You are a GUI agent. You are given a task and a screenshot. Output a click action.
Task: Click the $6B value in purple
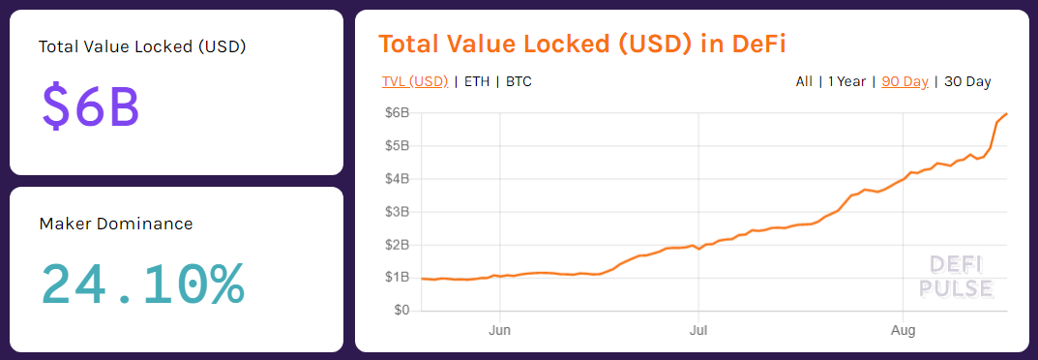[90, 105]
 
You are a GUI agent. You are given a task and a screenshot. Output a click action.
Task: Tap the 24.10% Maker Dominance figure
[142, 283]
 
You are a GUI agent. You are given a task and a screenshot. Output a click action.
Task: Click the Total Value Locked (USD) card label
[142, 46]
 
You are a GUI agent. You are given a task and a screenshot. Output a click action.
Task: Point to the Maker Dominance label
[116, 224]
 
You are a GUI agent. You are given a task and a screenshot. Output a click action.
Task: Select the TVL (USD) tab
[415, 81]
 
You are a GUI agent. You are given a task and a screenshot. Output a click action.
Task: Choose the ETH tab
[477, 81]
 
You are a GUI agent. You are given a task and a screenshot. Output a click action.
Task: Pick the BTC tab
[519, 81]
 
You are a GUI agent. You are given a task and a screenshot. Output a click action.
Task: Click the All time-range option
[804, 81]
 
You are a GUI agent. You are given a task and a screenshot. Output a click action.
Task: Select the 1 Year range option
[846, 81]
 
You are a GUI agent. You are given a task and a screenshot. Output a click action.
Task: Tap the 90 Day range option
[905, 81]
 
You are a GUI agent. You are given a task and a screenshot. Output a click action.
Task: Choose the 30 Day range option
[966, 81]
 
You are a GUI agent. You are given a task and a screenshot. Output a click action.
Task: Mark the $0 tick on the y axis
[400, 311]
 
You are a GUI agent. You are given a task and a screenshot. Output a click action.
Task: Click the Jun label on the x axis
[499, 329]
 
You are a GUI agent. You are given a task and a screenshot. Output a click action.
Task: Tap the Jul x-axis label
[697, 329]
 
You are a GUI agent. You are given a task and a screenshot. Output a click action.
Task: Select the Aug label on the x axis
[902, 329]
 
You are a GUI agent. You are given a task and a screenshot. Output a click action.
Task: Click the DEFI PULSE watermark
[955, 276]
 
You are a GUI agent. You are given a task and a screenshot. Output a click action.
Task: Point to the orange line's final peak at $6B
[1007, 114]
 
